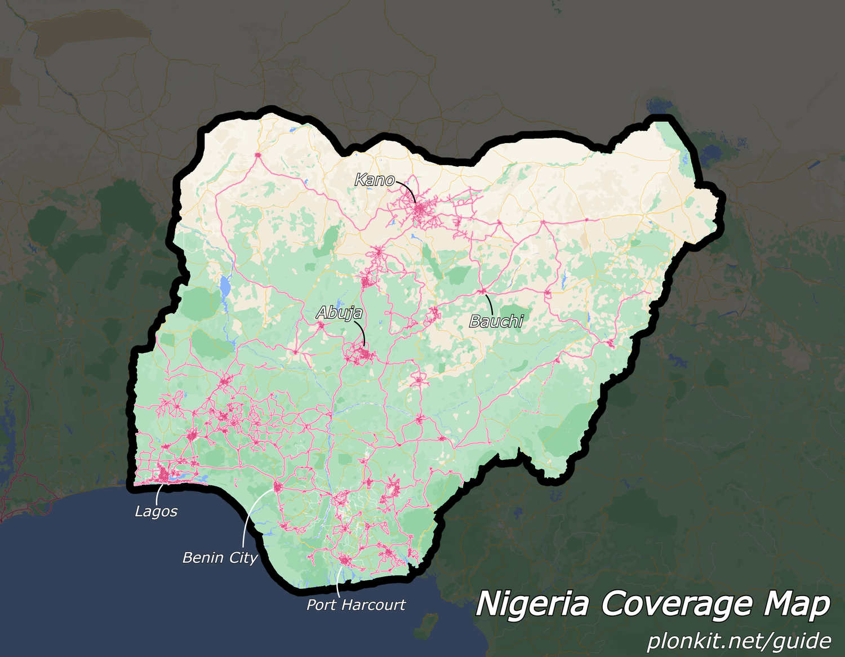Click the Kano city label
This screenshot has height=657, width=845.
[374, 180]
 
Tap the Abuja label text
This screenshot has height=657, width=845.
[339, 313]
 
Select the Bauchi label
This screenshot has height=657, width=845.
[496, 321]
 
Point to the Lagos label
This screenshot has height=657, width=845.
[156, 512]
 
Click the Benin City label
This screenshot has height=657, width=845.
[220, 558]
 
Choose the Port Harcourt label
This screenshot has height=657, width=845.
[356, 605]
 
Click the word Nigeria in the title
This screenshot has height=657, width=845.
[532, 604]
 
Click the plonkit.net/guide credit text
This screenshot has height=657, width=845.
[739, 641]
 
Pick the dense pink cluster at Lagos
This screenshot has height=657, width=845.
[164, 474]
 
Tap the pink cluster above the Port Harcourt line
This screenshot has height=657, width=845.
[343, 560]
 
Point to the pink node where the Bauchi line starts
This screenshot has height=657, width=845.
[483, 291]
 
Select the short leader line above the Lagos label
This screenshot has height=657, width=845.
[157, 494]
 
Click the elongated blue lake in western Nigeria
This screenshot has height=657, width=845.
[225, 286]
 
